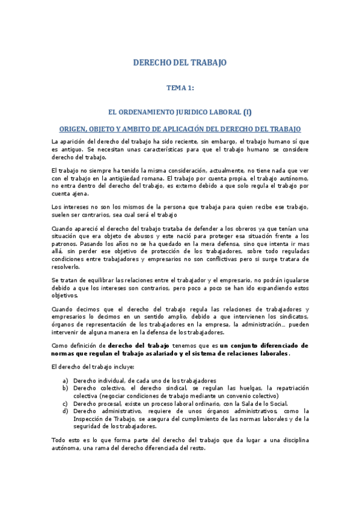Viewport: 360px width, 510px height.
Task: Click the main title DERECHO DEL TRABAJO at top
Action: (180, 63)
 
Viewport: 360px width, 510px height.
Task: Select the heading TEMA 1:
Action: (180, 88)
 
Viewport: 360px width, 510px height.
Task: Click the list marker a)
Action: (65, 381)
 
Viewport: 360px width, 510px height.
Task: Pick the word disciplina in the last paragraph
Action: (291, 441)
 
